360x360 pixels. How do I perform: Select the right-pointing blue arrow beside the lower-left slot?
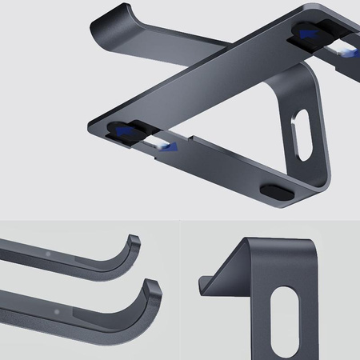click(178, 149)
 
